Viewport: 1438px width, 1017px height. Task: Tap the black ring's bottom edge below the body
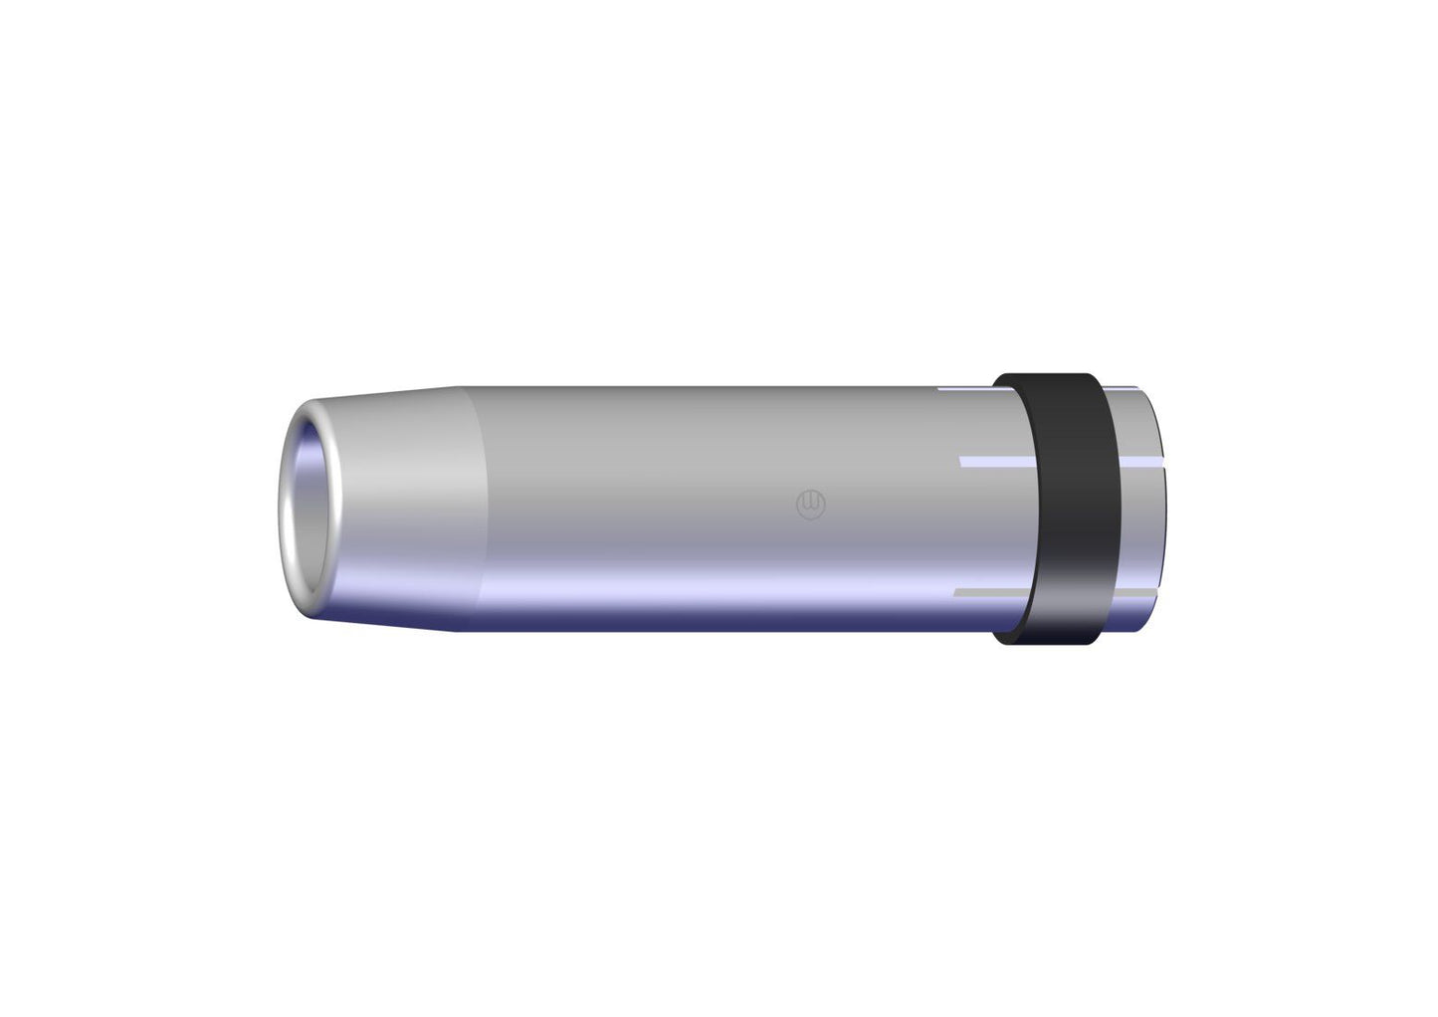tap(1050, 640)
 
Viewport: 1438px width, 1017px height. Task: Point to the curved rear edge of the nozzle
tap(1160, 508)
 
